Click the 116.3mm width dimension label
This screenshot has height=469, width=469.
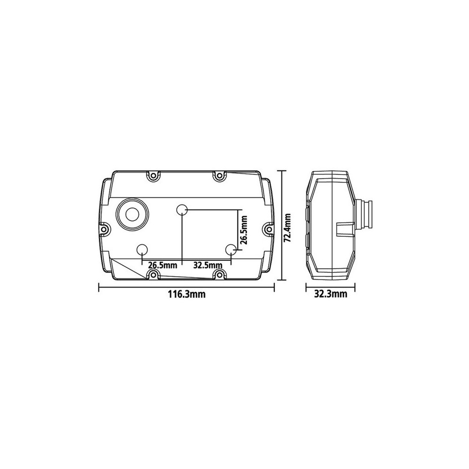pos(186,294)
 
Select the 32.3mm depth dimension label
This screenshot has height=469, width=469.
pos(331,294)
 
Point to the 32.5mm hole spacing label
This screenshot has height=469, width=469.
pos(208,265)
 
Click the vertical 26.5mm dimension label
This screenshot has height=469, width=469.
pos(244,230)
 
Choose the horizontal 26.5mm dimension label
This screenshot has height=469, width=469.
pos(163,265)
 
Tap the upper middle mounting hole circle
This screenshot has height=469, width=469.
pos(182,210)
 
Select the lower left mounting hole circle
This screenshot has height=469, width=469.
pos(142,250)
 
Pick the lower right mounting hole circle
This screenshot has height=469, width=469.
pos(231,250)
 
